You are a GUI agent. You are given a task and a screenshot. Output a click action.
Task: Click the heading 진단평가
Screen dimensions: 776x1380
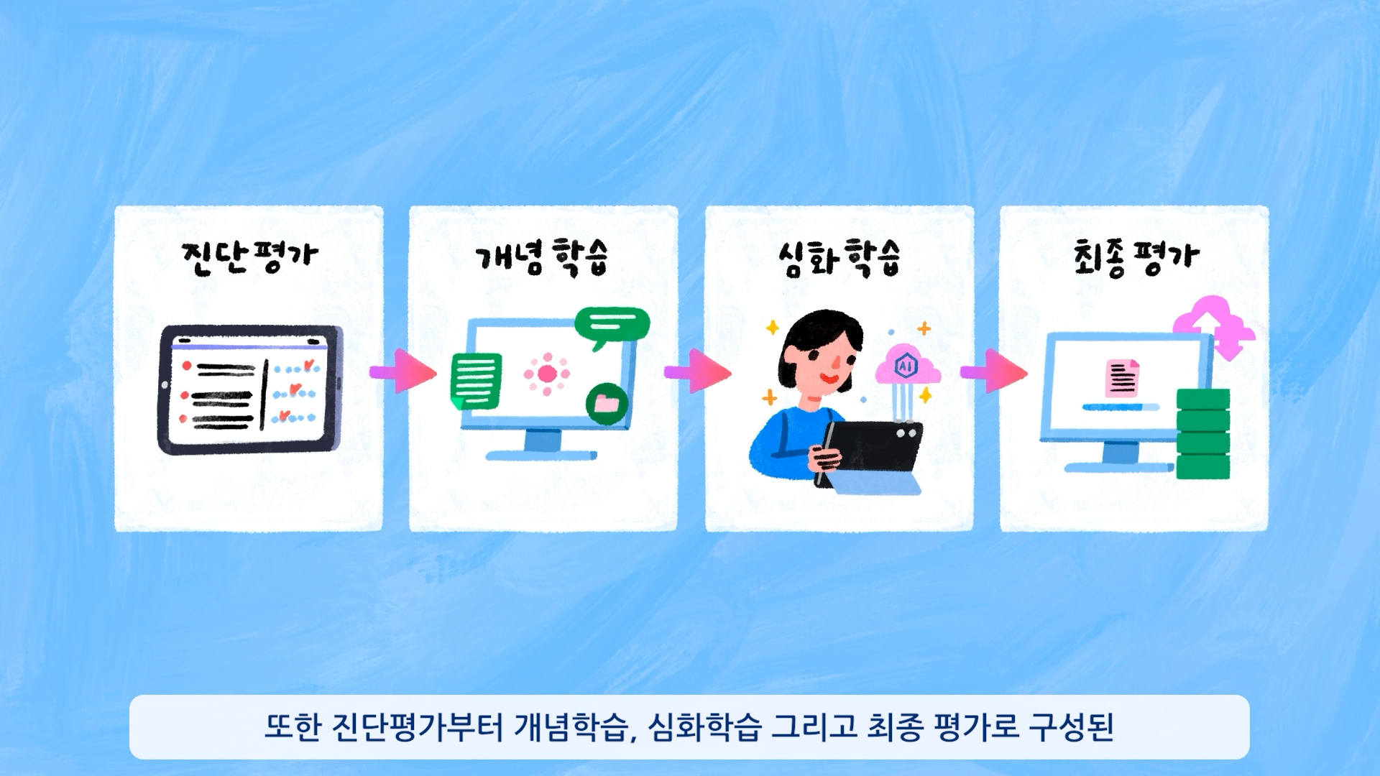point(249,257)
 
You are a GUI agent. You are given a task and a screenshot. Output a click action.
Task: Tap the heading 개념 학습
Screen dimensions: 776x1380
point(541,257)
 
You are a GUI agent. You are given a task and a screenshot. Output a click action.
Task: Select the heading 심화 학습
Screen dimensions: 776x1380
point(839,257)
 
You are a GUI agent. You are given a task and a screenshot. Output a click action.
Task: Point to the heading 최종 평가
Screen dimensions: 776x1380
point(1136,257)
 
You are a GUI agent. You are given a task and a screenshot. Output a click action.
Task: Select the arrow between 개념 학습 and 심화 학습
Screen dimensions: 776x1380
point(699,371)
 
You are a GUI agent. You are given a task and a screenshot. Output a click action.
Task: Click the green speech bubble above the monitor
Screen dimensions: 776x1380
point(612,325)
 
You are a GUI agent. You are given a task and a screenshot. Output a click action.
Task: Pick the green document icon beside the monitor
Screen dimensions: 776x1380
point(475,381)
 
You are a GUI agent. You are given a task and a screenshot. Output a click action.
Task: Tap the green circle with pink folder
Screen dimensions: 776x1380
point(607,404)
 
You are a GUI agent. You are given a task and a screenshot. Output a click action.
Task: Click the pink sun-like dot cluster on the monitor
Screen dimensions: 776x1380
point(547,374)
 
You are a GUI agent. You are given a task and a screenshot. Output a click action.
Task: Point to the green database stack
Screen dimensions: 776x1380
point(1202,433)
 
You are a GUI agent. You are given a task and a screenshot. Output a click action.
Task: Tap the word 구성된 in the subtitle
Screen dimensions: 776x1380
point(1071,727)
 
